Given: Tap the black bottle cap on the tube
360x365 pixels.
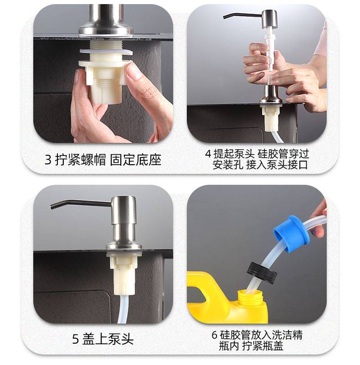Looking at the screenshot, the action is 262,273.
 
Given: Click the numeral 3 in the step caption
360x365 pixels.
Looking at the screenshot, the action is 48,160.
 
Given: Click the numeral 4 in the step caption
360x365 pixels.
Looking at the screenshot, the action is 208,154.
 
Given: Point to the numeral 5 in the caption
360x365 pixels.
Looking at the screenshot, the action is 76,339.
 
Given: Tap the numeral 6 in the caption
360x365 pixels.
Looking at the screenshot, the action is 214,335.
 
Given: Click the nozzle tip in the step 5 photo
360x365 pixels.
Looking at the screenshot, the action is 52,206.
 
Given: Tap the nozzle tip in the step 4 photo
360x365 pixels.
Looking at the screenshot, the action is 224,17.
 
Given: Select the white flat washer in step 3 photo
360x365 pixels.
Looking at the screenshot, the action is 106,53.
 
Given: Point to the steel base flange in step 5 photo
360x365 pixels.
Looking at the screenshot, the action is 124,246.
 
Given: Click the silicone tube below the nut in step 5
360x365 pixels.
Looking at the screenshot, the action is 123,309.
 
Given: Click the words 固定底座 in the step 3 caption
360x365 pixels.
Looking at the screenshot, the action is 136,160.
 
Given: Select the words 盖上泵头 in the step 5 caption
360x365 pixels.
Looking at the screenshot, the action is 108,339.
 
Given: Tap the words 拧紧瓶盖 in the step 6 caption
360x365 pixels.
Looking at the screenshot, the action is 263,346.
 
